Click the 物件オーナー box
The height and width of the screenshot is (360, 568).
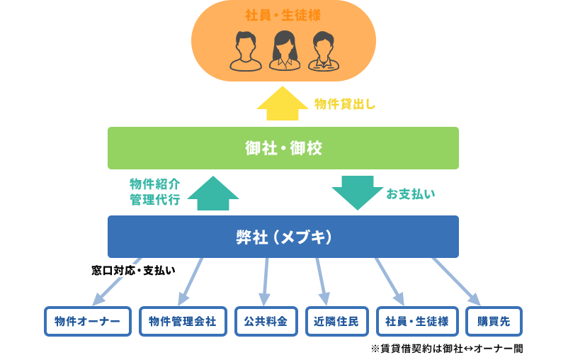click(x=88, y=321)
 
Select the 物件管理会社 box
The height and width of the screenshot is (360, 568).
click(x=183, y=321)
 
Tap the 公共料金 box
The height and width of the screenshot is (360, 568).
click(x=266, y=321)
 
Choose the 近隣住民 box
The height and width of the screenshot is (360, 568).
click(x=336, y=321)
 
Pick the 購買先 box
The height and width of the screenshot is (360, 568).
click(x=494, y=321)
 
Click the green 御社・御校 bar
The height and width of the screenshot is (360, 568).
click(x=283, y=148)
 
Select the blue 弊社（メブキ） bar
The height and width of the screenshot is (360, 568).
click(x=283, y=237)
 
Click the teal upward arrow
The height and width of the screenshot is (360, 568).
click(x=213, y=193)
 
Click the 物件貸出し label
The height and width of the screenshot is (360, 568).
click(x=345, y=104)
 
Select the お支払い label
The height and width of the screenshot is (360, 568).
click(x=411, y=193)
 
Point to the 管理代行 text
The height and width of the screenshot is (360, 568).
click(x=154, y=201)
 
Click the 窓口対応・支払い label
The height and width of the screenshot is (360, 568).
click(x=133, y=270)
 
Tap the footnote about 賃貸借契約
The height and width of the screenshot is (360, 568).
click(x=446, y=349)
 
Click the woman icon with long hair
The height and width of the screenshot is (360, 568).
click(x=284, y=50)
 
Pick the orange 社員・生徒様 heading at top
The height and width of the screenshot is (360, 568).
click(x=283, y=15)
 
